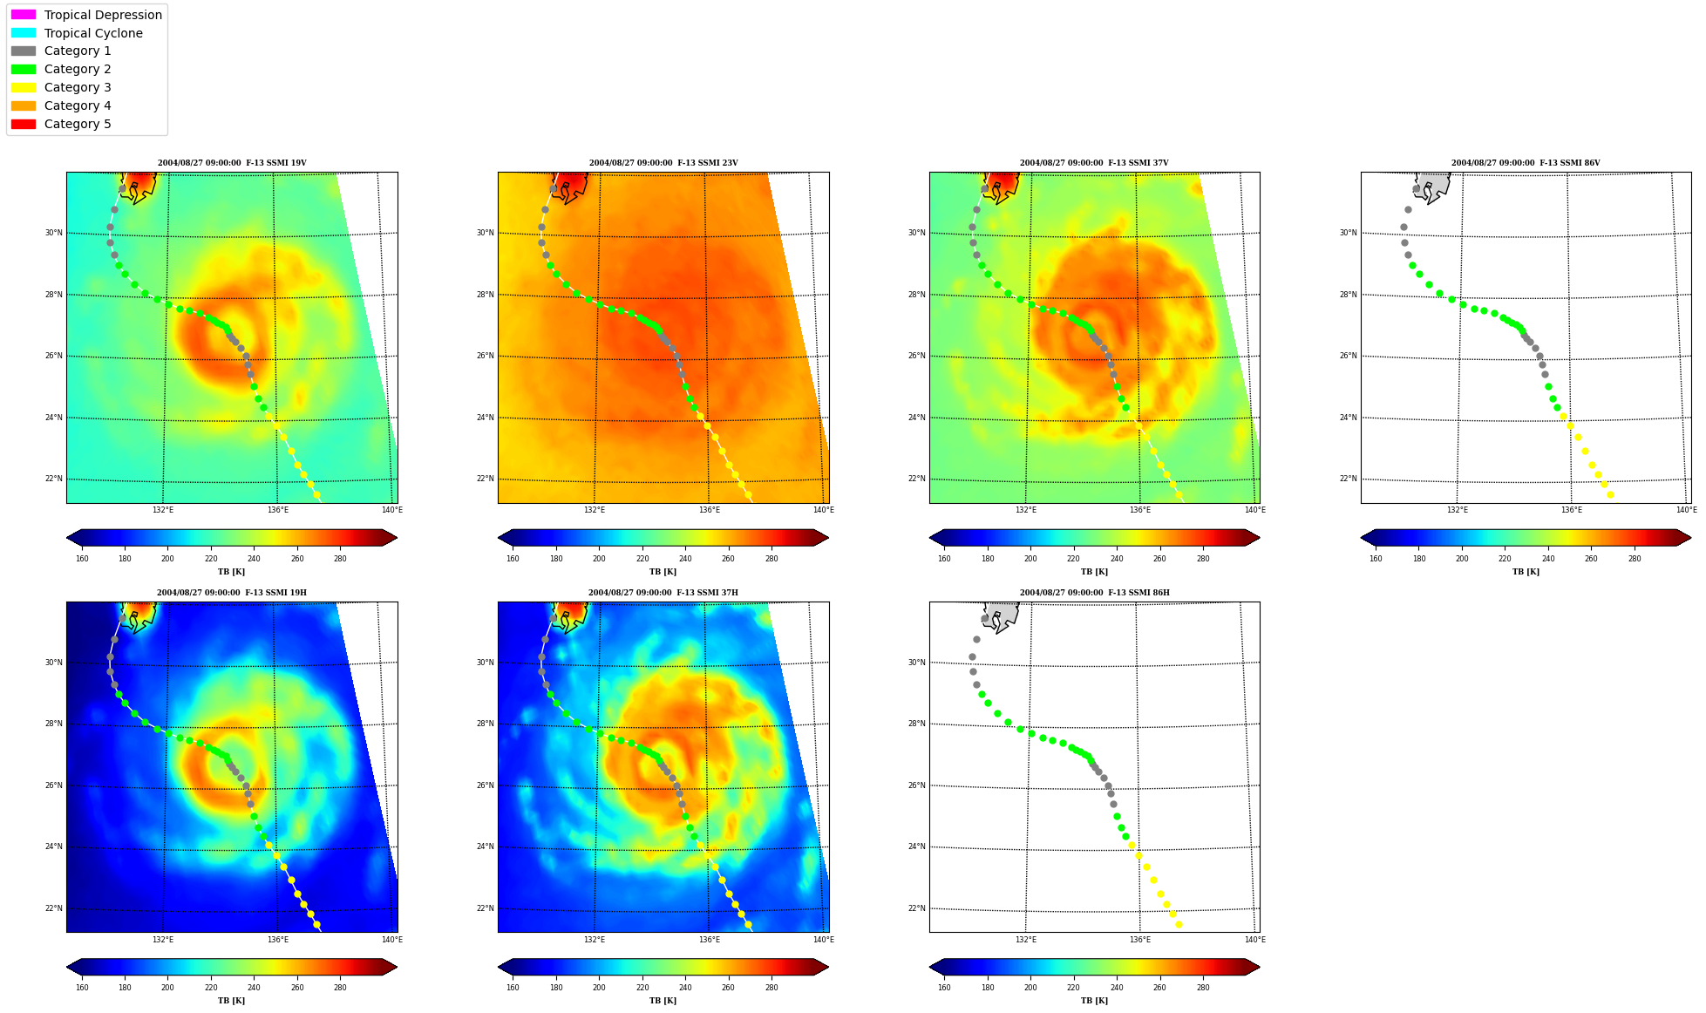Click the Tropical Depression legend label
coord(103,15)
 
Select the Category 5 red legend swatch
coord(24,124)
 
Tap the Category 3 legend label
coord(78,87)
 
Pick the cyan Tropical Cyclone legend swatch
coord(24,33)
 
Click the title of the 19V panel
coord(232,163)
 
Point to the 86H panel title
coord(1095,593)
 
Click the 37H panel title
coord(663,593)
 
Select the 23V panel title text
coord(663,163)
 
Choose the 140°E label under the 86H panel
coord(1254,940)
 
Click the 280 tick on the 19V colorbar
coord(340,559)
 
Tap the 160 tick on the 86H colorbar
coord(944,989)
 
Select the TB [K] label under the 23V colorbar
coord(663,572)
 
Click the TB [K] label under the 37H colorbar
coord(663,1001)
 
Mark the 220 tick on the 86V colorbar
coord(1505,559)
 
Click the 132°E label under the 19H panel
coord(163,940)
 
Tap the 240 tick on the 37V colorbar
coord(1117,559)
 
